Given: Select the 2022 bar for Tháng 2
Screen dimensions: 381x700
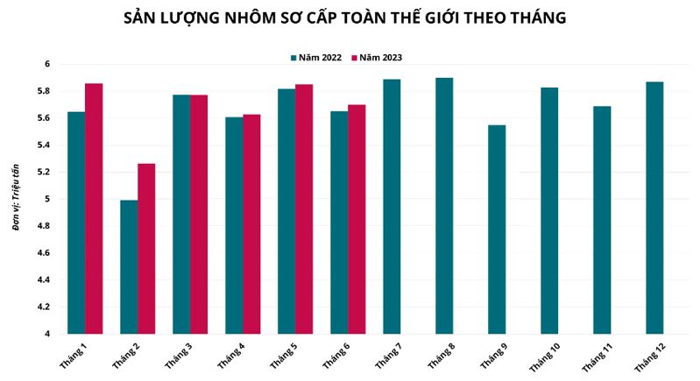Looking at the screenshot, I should coord(129,267).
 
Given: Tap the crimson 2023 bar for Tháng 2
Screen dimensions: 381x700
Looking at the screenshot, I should coord(146,249).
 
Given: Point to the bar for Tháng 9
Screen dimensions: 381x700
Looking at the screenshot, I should coord(497,229).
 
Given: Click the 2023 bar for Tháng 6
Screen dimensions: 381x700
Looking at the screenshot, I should coord(357,219).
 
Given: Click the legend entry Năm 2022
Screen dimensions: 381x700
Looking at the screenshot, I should coord(315,58).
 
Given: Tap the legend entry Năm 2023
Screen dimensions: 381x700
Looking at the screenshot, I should coord(376,58).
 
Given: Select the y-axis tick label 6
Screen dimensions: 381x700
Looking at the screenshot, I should coord(48,65).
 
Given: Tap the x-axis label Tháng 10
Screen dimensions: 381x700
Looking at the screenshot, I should coord(545,355).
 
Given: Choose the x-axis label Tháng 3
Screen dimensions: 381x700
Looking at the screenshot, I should coord(180,354).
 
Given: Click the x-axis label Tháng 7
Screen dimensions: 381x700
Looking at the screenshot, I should coord(389,354).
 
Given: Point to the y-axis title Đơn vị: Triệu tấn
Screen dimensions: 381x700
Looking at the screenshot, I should coord(17,199).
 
